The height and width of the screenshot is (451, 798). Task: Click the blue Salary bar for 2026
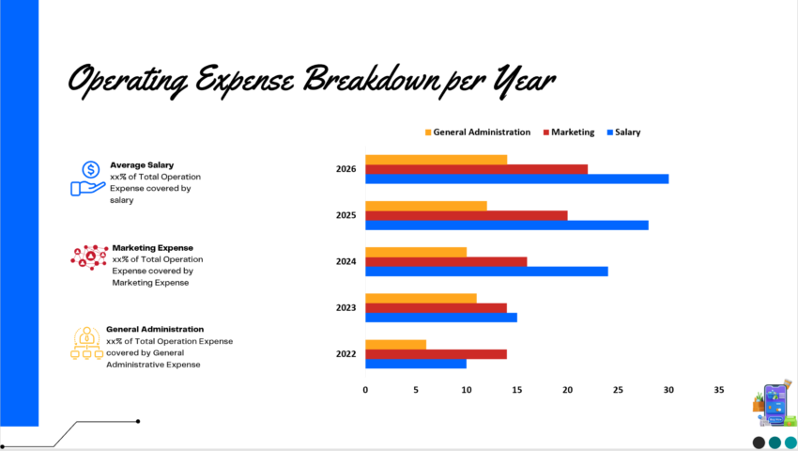click(516, 179)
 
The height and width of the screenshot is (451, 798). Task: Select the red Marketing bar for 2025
click(466, 215)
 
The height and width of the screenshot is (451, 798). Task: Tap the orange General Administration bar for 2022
click(395, 344)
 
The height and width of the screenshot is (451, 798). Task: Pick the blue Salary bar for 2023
click(440, 318)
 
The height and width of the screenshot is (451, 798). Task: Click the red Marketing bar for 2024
click(446, 261)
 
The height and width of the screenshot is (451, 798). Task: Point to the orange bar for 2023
click(421, 298)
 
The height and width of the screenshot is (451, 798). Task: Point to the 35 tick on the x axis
click(719, 389)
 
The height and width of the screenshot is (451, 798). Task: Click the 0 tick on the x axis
click(365, 389)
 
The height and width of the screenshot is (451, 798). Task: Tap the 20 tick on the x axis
click(567, 389)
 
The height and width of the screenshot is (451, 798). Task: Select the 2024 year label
click(345, 261)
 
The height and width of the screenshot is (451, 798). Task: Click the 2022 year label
click(345, 353)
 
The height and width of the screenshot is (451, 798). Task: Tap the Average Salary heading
click(142, 164)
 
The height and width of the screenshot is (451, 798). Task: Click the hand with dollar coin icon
click(88, 178)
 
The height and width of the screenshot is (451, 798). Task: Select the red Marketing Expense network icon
click(89, 257)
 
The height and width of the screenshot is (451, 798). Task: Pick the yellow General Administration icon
click(87, 343)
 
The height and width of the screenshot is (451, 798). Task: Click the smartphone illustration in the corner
click(775, 403)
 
